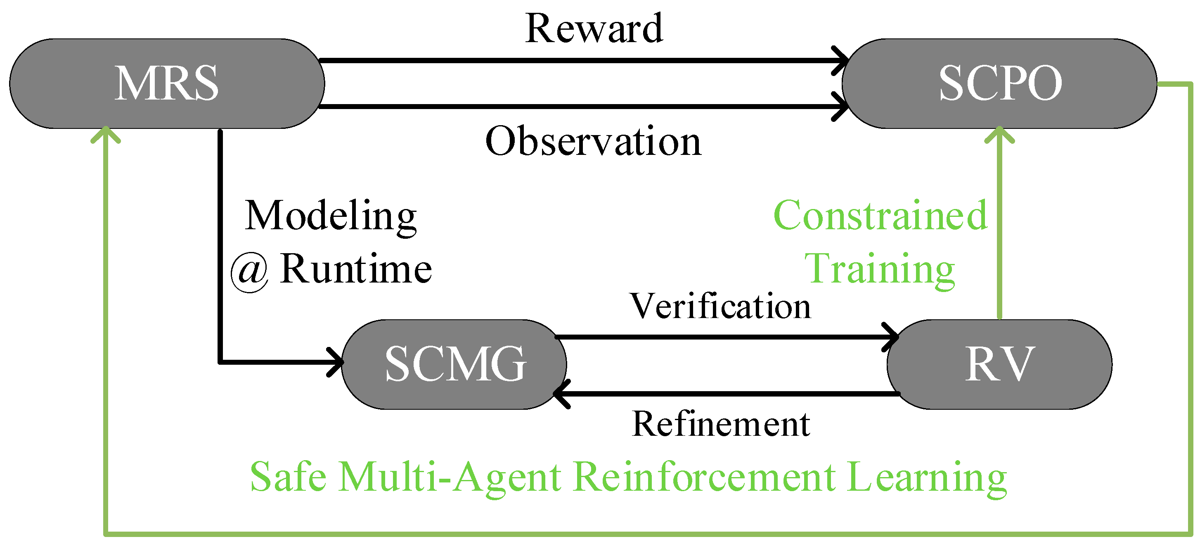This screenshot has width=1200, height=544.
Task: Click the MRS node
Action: tap(167, 83)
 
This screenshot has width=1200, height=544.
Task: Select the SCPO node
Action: tap(999, 83)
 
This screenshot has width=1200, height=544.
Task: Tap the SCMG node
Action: tap(454, 364)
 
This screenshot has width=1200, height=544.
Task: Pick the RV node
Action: tap(999, 364)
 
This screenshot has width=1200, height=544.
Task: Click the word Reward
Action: tap(594, 29)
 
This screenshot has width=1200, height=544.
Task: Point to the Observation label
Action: tap(593, 141)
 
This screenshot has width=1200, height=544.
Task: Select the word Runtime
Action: tap(356, 269)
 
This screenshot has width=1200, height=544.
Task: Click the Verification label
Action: tap(720, 307)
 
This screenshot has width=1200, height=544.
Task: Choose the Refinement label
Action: tap(721, 424)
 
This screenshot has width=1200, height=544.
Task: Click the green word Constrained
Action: tap(880, 215)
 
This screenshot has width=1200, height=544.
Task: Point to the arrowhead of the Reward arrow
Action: tap(842, 61)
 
